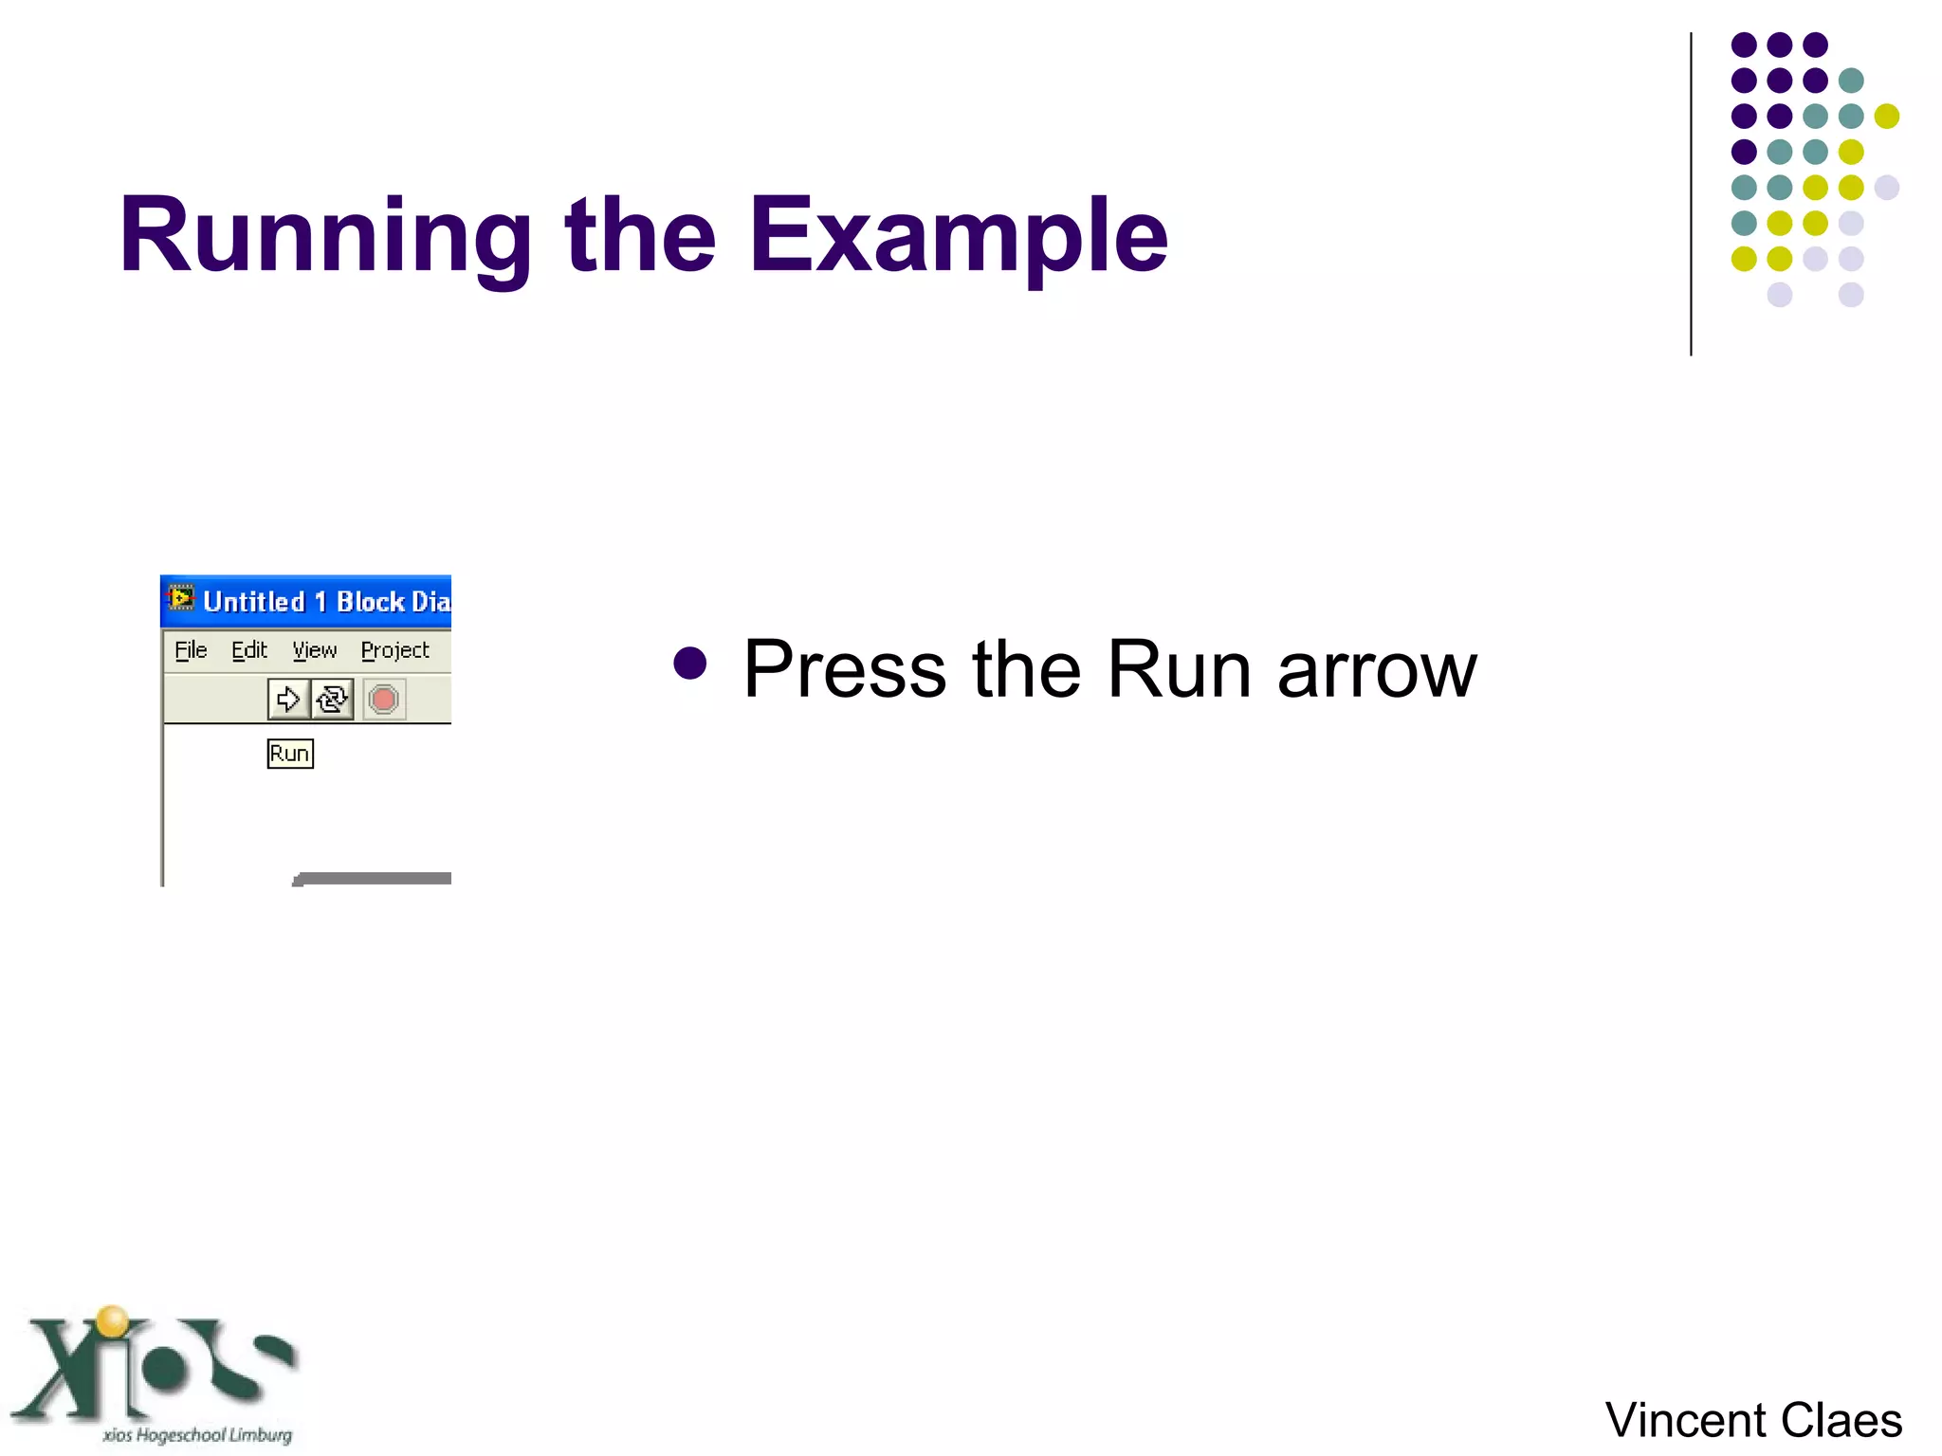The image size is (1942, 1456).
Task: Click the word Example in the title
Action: (958, 237)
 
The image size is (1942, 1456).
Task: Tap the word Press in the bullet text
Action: (844, 669)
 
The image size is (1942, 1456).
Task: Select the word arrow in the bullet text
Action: (1377, 671)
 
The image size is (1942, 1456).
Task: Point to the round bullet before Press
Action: (689, 664)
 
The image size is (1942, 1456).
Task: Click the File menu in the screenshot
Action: (191, 650)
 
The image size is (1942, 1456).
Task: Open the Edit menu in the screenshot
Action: (249, 650)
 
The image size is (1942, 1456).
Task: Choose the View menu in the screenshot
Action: (315, 650)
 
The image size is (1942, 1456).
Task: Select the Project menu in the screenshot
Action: (394, 650)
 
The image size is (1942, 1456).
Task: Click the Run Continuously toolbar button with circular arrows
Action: (332, 700)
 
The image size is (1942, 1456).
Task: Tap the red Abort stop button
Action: (384, 700)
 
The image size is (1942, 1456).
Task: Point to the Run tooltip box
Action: (290, 754)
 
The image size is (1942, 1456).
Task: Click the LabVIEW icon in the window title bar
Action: (181, 599)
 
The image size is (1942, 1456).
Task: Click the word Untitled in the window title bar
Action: (254, 602)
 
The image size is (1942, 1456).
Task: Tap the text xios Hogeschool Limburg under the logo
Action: (197, 1435)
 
